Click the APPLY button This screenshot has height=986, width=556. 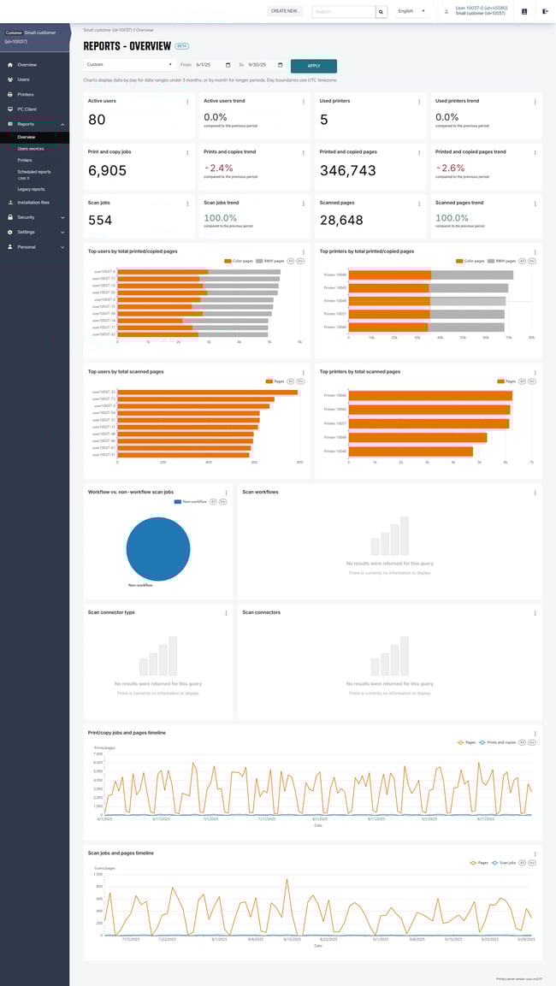tap(314, 66)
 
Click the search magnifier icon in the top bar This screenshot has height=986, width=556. tap(382, 11)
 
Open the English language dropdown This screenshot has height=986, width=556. tap(411, 11)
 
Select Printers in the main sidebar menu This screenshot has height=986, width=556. tap(26, 94)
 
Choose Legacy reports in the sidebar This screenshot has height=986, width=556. tap(31, 189)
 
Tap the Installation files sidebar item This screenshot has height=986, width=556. tap(33, 203)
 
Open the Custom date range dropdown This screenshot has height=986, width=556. tap(128, 65)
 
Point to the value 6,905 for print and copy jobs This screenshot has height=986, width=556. tap(108, 171)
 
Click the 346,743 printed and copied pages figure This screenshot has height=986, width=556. tap(347, 171)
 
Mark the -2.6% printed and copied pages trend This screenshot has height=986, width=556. tap(451, 168)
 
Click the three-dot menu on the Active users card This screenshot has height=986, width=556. tap(188, 102)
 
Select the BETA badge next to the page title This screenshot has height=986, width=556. tap(182, 46)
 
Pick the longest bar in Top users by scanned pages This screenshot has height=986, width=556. tap(208, 393)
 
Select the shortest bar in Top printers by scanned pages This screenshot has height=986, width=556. tap(411, 451)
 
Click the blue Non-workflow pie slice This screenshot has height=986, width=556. tap(158, 547)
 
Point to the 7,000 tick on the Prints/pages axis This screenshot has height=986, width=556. tap(98, 754)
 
